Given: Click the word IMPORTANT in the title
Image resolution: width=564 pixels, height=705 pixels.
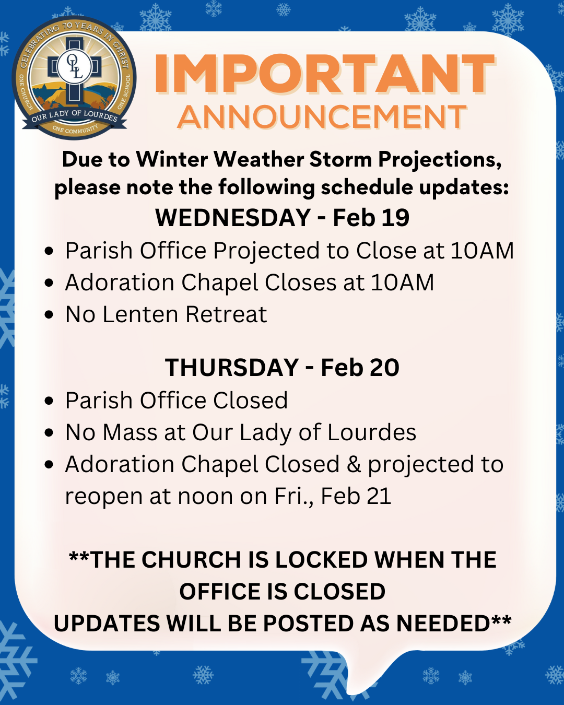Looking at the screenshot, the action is click(x=324, y=73).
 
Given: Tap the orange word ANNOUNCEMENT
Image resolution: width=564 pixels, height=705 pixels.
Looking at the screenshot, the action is click(x=322, y=116).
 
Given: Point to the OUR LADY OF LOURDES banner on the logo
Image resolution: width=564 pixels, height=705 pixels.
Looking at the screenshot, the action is click(x=74, y=118).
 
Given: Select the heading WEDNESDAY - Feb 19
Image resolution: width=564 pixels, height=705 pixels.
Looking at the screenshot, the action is click(x=282, y=218).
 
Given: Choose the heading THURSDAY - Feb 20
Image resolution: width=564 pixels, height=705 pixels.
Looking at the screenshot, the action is click(x=282, y=367).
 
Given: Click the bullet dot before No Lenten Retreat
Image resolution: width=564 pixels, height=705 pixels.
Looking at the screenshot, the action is click(x=49, y=314).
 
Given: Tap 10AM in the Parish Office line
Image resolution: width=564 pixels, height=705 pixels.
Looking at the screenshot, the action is click(x=481, y=251).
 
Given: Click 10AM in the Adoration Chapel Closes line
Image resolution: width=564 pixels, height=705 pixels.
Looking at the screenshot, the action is click(x=403, y=283).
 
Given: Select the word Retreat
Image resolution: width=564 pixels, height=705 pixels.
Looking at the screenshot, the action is click(x=226, y=314).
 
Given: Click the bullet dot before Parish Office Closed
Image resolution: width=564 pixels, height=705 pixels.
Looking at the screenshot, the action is click(x=49, y=401).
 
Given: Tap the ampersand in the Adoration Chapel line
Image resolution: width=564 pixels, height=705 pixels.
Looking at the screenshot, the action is click(x=354, y=464).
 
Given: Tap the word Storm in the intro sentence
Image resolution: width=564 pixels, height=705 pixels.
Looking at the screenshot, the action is click(x=340, y=160).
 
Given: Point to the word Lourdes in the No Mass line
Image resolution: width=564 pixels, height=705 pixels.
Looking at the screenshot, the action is click(x=372, y=432).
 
